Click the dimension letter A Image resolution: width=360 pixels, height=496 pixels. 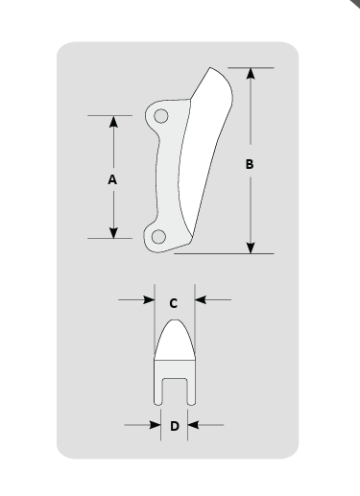(x=112, y=178)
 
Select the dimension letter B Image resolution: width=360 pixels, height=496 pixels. (x=251, y=164)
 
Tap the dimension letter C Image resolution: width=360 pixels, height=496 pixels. (x=173, y=302)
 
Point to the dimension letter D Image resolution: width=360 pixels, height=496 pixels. (x=174, y=425)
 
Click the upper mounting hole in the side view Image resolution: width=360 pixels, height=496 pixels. (x=161, y=116)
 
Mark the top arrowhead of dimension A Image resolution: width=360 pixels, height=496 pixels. (x=113, y=123)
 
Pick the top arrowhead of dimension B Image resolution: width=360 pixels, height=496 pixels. (x=251, y=75)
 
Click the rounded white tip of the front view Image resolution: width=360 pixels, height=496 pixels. (x=175, y=340)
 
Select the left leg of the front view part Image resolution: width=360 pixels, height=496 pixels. (x=159, y=384)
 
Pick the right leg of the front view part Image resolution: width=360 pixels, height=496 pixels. (x=190, y=384)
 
